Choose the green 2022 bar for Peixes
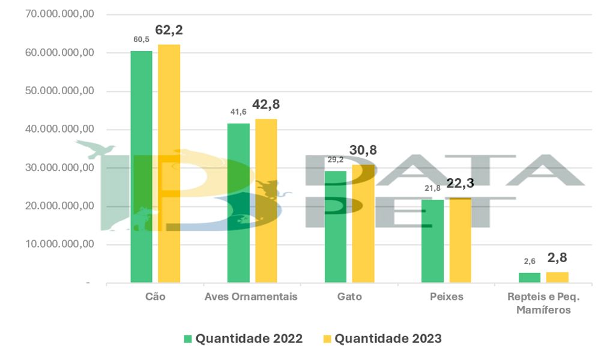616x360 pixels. click(432, 241)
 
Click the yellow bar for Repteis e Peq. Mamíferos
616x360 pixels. click(557, 277)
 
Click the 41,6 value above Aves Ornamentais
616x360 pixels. click(238, 112)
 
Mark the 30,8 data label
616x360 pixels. click(364, 151)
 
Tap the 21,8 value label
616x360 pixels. click(432, 188)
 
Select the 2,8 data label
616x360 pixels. click(557, 258)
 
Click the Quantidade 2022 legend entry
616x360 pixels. click(243, 338)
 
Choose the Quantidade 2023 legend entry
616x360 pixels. click(382, 338)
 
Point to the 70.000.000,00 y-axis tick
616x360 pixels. click(60, 14)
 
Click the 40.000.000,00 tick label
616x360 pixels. click(60, 130)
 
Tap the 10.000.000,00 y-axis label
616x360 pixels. click(60, 245)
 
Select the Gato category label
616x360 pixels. click(349, 296)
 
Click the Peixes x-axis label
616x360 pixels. click(446, 296)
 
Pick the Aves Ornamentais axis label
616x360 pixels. click(251, 296)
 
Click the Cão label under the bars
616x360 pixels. click(155, 296)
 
